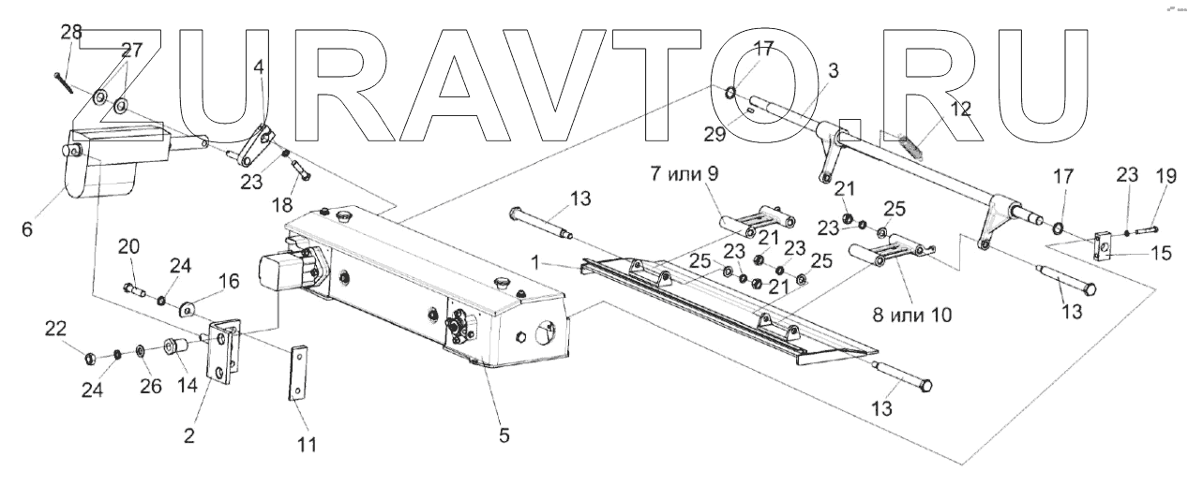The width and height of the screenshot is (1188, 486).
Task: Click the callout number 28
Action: pos(71,33)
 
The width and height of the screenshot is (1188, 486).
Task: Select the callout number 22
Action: pos(58,328)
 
